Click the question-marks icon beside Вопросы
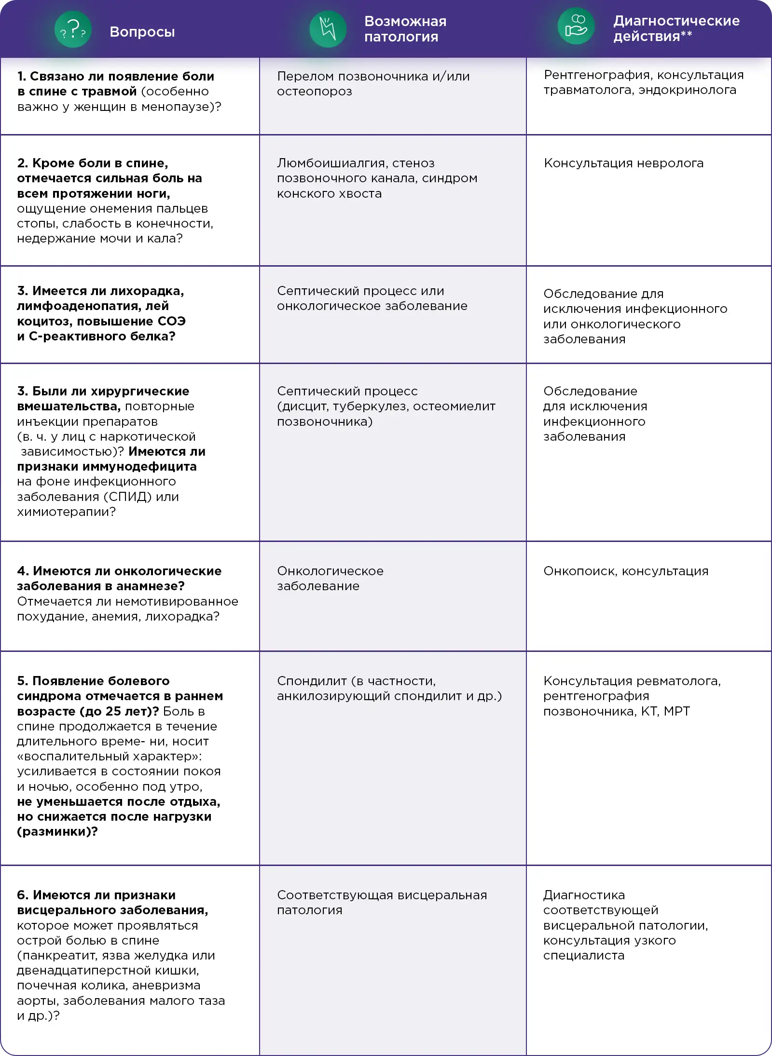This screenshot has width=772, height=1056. point(72,30)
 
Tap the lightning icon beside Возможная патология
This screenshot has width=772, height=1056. point(328,29)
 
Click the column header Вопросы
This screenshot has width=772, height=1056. point(142,32)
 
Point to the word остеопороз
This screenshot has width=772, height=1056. point(314,92)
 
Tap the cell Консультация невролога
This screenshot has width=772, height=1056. point(623,163)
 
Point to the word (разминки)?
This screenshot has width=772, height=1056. point(57,832)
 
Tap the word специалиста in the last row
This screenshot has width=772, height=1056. point(583,956)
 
